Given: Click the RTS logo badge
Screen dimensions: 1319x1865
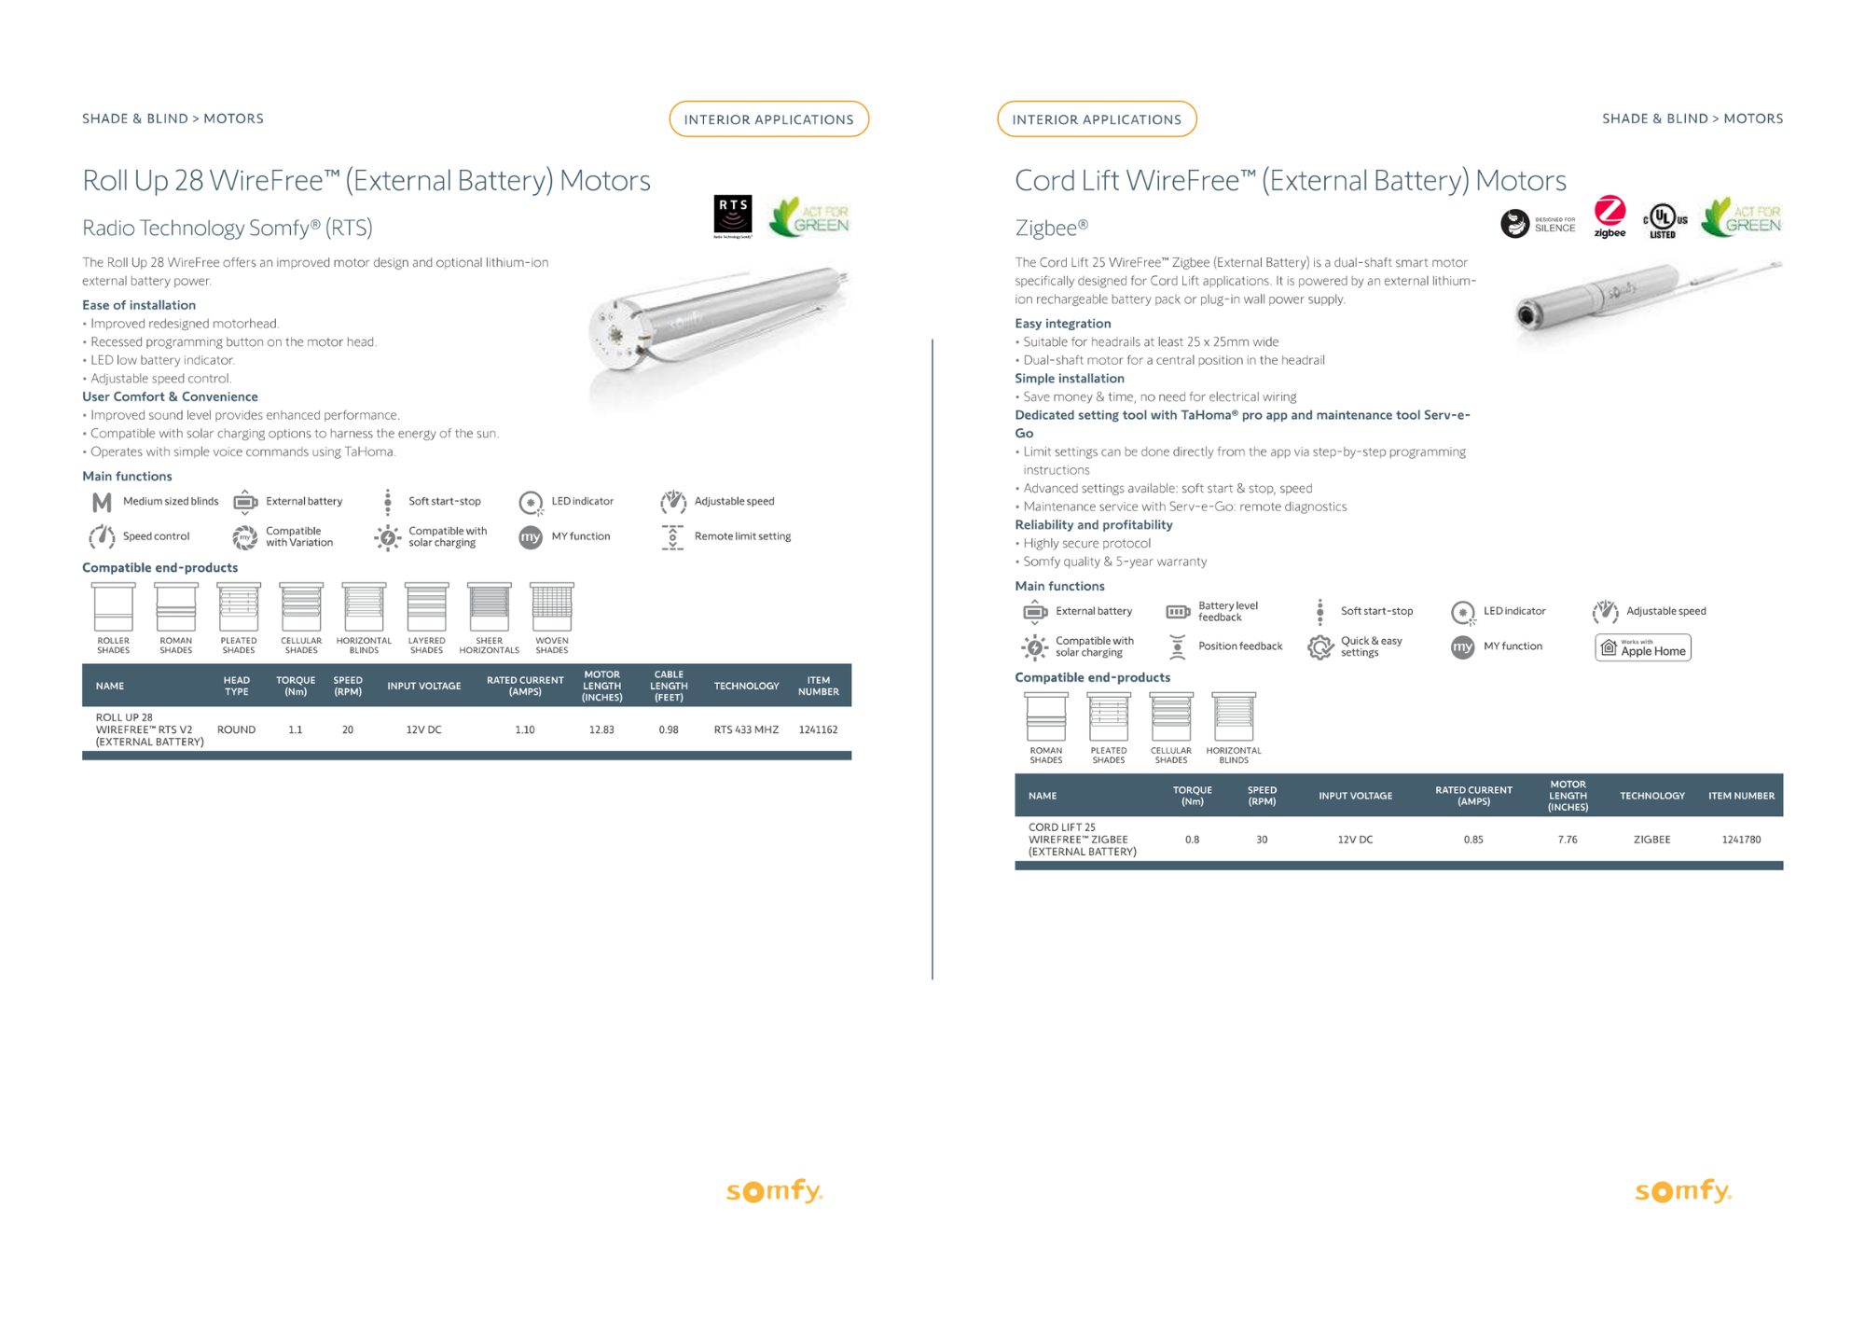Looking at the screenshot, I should pos(733,215).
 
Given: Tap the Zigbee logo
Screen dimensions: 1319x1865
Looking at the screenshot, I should pos(1609,216).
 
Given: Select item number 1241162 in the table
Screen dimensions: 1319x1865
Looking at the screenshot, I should pos(818,729).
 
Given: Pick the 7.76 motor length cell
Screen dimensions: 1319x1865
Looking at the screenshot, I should pos(1568,840).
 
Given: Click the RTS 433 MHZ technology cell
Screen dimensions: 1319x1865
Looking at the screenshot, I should pos(746,729).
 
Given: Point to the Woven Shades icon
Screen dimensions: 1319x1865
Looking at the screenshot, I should pos(552,608).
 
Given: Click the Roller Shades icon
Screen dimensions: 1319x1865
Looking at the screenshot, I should pos(114,608).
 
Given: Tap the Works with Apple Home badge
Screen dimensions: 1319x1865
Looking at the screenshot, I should pos(1643,647).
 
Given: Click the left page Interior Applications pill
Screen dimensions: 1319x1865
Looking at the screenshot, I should pos(768,119).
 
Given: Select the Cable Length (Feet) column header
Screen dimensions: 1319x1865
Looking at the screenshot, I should pos(669,686).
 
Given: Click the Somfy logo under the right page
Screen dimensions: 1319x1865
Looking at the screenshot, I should pos(1683,1191).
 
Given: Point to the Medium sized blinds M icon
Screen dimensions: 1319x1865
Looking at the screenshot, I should pos(102,503).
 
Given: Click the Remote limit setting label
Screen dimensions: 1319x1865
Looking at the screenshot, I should pos(742,536).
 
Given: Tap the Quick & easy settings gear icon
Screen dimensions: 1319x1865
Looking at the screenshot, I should pos(1320,646).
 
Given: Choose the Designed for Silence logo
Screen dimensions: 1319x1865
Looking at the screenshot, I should pos(1537,224).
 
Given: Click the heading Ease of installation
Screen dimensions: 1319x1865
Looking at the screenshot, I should pos(139,305).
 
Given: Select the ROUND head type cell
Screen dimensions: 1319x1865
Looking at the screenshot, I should pos(236,729).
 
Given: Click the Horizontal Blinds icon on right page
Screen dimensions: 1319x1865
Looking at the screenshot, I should pos(1234,718).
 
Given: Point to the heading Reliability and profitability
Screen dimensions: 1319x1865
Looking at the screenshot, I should pos(1094,525).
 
